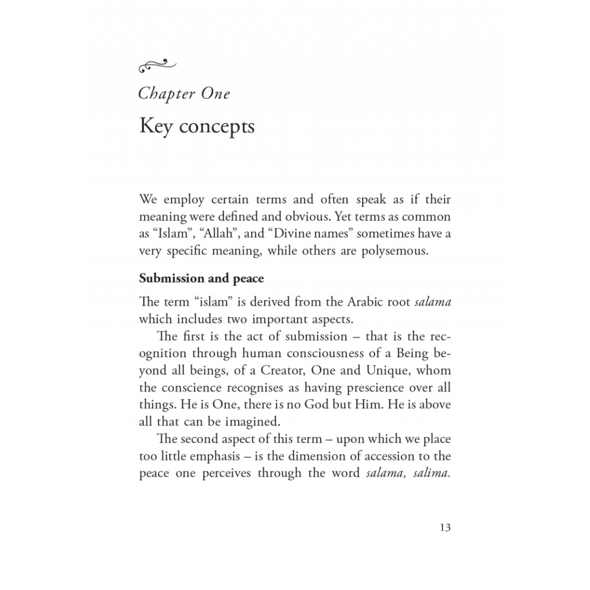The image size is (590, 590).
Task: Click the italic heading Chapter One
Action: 184,93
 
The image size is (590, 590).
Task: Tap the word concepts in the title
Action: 217,126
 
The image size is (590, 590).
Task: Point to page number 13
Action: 445,527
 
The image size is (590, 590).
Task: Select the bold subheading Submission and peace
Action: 201,279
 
